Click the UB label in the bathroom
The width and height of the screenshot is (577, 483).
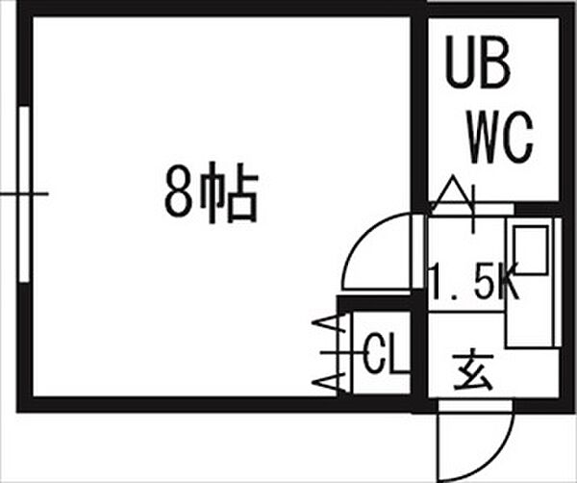(x=478, y=62)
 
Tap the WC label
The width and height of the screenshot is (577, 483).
(x=500, y=137)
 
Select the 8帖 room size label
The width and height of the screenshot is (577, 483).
(x=212, y=192)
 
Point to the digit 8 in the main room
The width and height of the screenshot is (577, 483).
(x=179, y=191)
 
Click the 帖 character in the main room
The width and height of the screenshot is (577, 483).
(x=229, y=192)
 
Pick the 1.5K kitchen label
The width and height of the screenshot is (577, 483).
(x=475, y=281)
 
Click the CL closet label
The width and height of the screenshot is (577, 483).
(x=383, y=353)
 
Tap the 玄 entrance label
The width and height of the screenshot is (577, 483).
(x=473, y=371)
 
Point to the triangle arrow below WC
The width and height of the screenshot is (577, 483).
(x=453, y=194)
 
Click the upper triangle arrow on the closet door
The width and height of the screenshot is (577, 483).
(x=329, y=323)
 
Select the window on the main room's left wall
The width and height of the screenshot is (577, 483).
(x=24, y=194)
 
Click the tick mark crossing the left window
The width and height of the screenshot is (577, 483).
(x=24, y=193)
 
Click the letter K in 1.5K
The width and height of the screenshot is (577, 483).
(x=509, y=281)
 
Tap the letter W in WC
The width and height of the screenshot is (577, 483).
(x=485, y=137)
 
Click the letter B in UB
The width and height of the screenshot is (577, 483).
(x=495, y=62)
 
